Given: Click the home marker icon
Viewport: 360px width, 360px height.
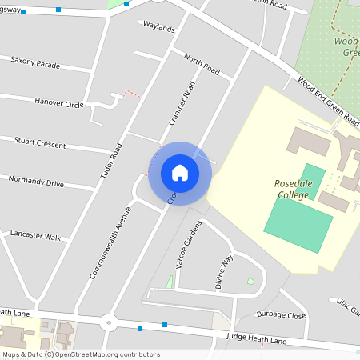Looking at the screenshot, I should click(x=179, y=173).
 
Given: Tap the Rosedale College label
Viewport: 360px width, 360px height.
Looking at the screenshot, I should click(x=298, y=188).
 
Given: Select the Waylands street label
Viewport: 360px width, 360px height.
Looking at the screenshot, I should click(x=158, y=28).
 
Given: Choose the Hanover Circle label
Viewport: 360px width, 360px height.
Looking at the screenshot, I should click(x=58, y=102).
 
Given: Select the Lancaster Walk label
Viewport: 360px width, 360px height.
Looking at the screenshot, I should click(x=35, y=237).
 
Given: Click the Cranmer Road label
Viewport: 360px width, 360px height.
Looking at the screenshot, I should click(x=182, y=105).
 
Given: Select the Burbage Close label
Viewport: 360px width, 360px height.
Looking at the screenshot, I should click(x=281, y=315).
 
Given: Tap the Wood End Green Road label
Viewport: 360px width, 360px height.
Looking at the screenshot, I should click(x=328, y=102).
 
